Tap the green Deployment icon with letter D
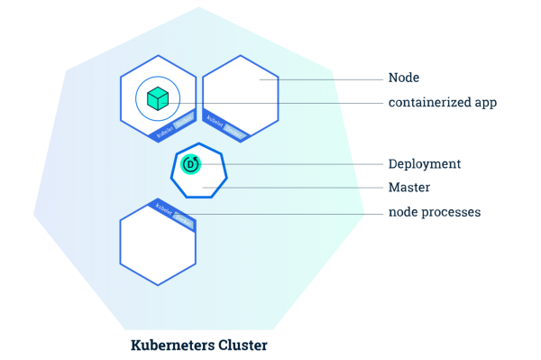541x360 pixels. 191,164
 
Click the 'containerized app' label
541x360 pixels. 443,102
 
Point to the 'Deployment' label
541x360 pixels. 425,164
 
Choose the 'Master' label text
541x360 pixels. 408,188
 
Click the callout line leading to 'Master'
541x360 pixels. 298,188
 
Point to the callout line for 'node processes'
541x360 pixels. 289,213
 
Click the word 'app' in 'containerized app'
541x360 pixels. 484,102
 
